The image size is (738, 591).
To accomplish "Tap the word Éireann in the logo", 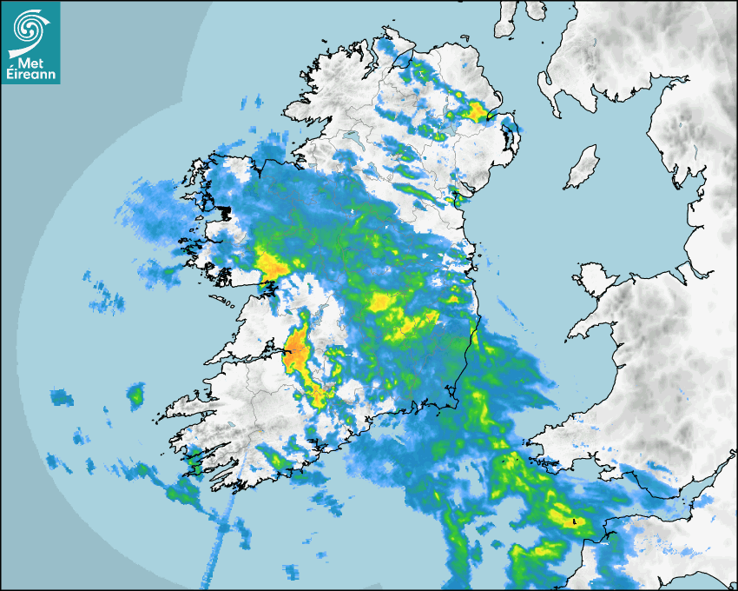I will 31,75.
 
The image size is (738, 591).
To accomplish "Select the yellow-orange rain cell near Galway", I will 273,265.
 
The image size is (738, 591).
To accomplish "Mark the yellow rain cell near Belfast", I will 477,111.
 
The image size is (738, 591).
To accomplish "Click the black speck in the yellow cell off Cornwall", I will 574,521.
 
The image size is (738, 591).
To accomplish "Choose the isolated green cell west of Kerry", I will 135,396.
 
